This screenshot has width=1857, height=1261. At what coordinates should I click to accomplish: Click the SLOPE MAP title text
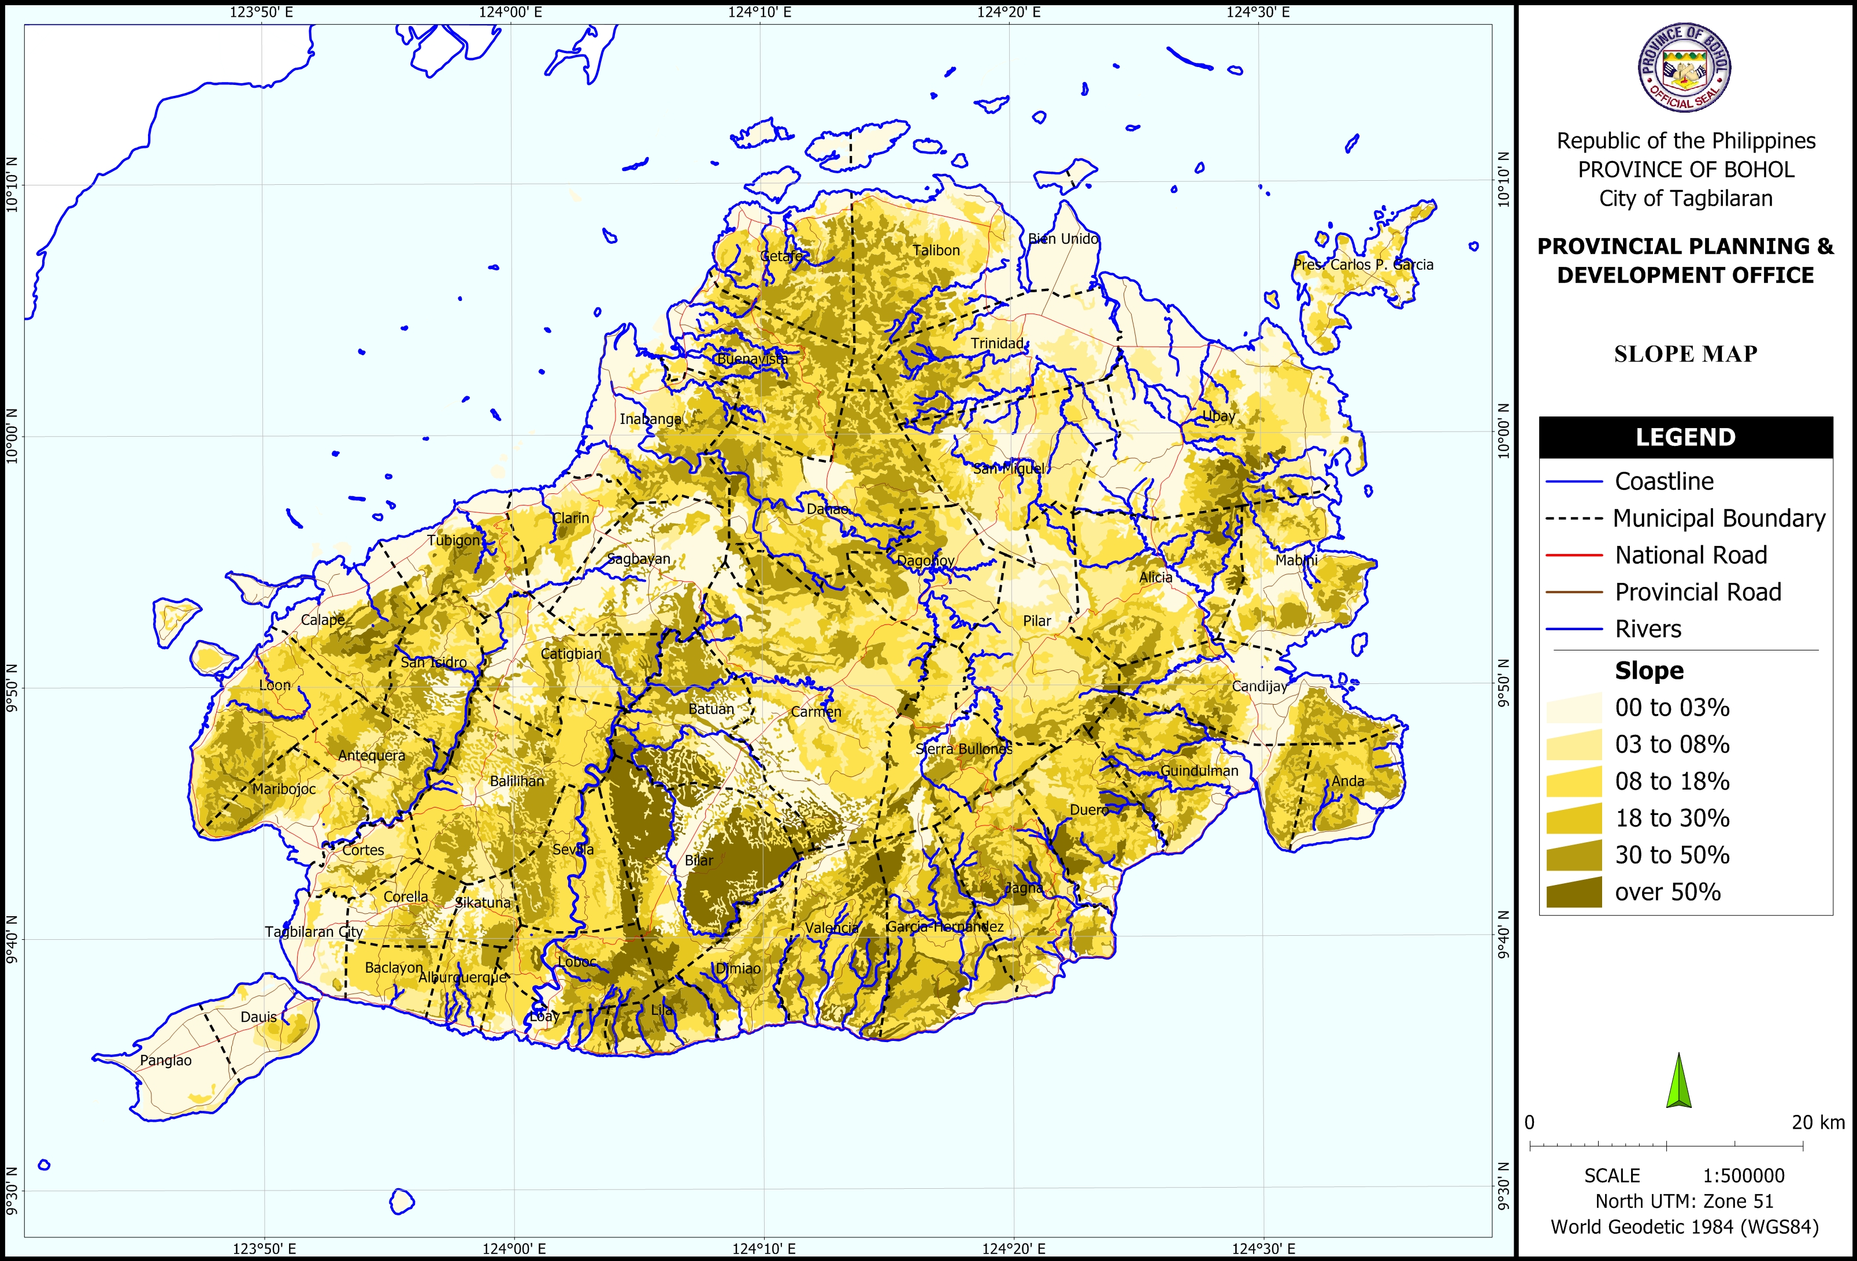point(1685,354)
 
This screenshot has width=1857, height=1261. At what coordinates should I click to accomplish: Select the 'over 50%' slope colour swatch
point(1573,892)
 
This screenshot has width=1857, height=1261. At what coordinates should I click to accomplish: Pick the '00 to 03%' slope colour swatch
point(1573,708)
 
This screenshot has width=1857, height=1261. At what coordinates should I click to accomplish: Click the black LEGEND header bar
point(1685,437)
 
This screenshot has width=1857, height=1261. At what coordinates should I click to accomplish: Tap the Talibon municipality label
point(936,251)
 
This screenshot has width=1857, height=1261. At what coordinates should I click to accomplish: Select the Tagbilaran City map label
point(314,932)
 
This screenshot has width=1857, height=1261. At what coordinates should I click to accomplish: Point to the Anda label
point(1348,781)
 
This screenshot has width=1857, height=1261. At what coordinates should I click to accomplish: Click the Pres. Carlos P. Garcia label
point(1363,265)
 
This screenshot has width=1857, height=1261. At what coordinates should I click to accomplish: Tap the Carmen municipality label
point(816,712)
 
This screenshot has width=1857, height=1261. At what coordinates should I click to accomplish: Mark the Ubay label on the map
point(1218,416)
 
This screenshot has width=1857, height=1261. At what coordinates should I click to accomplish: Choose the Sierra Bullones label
point(963,749)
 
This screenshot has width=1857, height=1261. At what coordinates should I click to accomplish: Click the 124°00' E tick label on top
point(510,12)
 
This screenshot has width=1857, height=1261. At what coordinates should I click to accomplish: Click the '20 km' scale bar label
point(1818,1122)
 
